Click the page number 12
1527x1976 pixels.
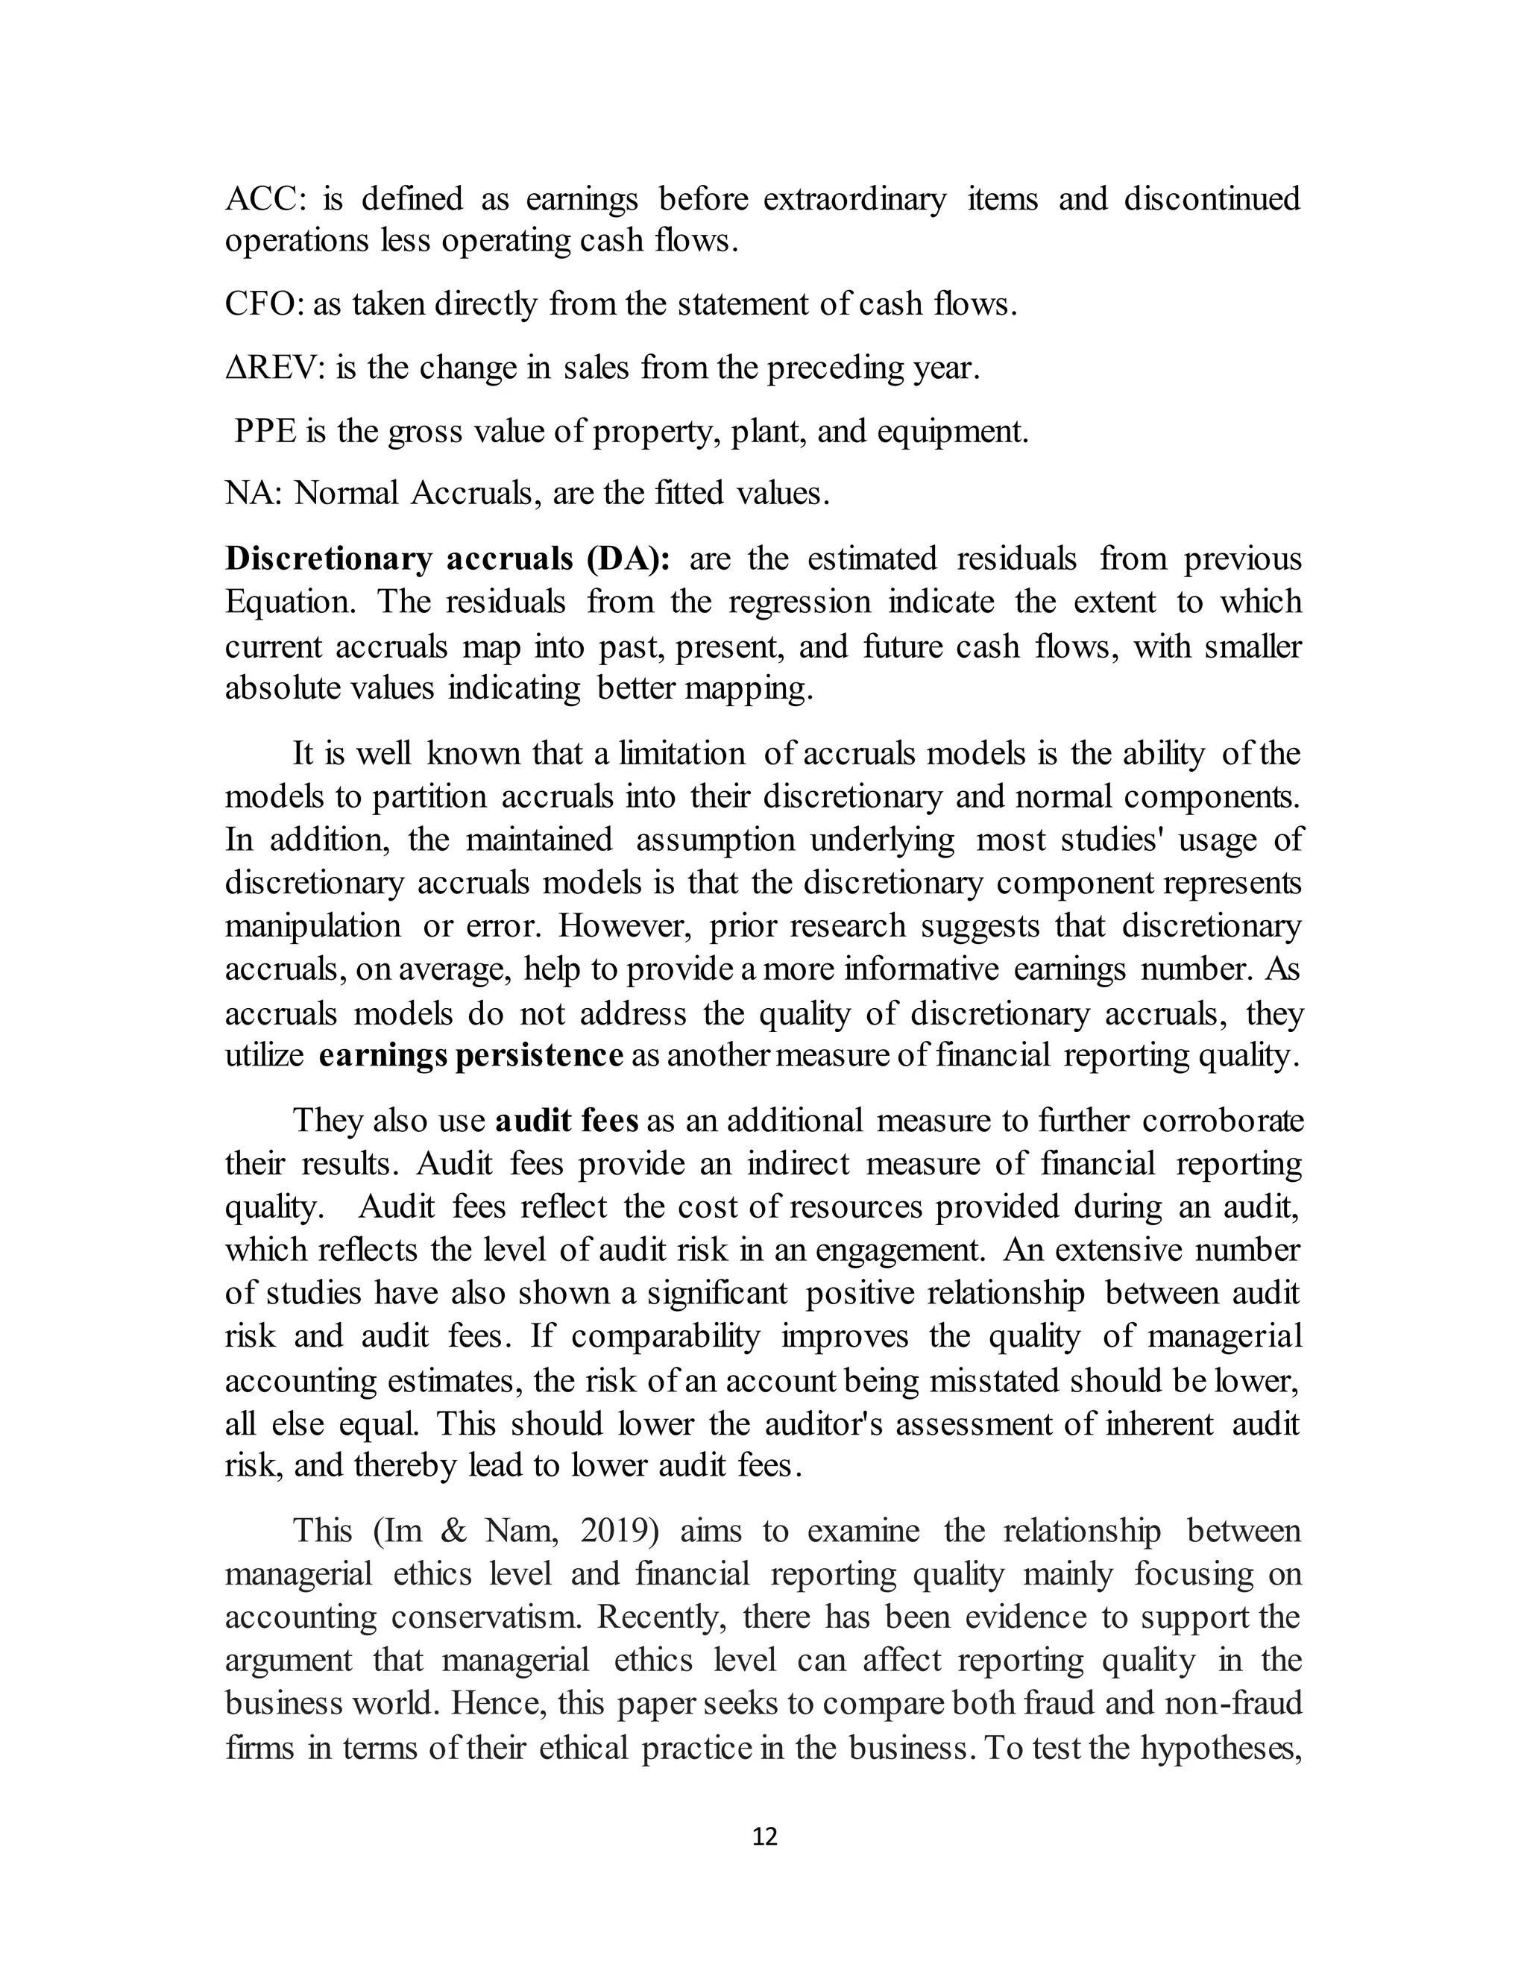point(764,1837)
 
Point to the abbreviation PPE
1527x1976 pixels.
point(265,432)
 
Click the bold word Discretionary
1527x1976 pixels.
point(328,559)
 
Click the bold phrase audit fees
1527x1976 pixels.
point(567,1120)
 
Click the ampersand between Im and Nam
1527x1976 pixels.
point(453,1531)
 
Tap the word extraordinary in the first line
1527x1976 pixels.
point(855,199)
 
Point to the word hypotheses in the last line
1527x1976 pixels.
point(1219,1747)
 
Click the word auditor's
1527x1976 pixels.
point(822,1424)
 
